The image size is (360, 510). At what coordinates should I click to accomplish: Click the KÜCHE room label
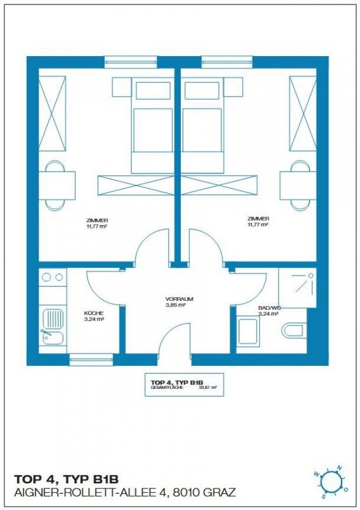click(94, 313)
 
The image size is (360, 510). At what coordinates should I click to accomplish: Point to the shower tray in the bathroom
click(297, 288)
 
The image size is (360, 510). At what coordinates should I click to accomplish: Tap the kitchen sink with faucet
click(53, 326)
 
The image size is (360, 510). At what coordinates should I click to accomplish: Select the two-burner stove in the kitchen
click(53, 277)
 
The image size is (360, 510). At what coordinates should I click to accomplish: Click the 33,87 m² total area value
click(208, 388)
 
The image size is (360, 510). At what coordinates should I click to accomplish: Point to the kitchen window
click(91, 360)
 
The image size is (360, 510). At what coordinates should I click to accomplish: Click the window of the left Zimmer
click(131, 62)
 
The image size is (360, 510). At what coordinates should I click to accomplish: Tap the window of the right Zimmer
click(227, 62)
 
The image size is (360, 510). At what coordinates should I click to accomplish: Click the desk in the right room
click(299, 186)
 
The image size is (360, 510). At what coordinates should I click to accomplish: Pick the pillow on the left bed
click(153, 91)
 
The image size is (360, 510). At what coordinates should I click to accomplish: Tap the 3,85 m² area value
click(175, 305)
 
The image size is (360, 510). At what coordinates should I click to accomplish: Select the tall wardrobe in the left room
click(52, 114)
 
